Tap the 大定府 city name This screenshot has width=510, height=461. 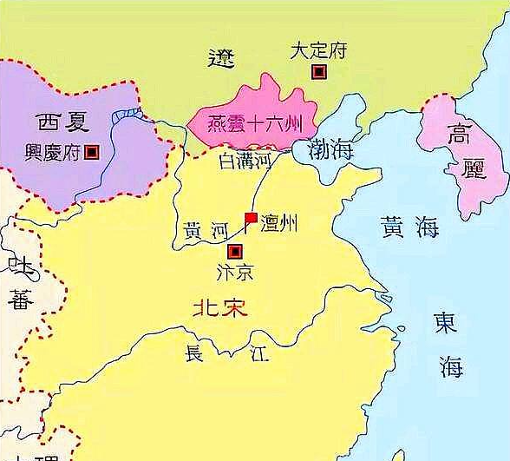point(319,50)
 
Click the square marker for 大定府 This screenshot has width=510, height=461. point(320,72)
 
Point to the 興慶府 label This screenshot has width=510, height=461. point(54,151)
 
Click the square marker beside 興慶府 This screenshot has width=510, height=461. point(92,152)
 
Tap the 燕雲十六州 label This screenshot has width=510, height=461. point(252,124)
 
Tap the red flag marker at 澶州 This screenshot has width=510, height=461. point(250,218)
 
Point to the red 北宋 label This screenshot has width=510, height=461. point(219,309)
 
